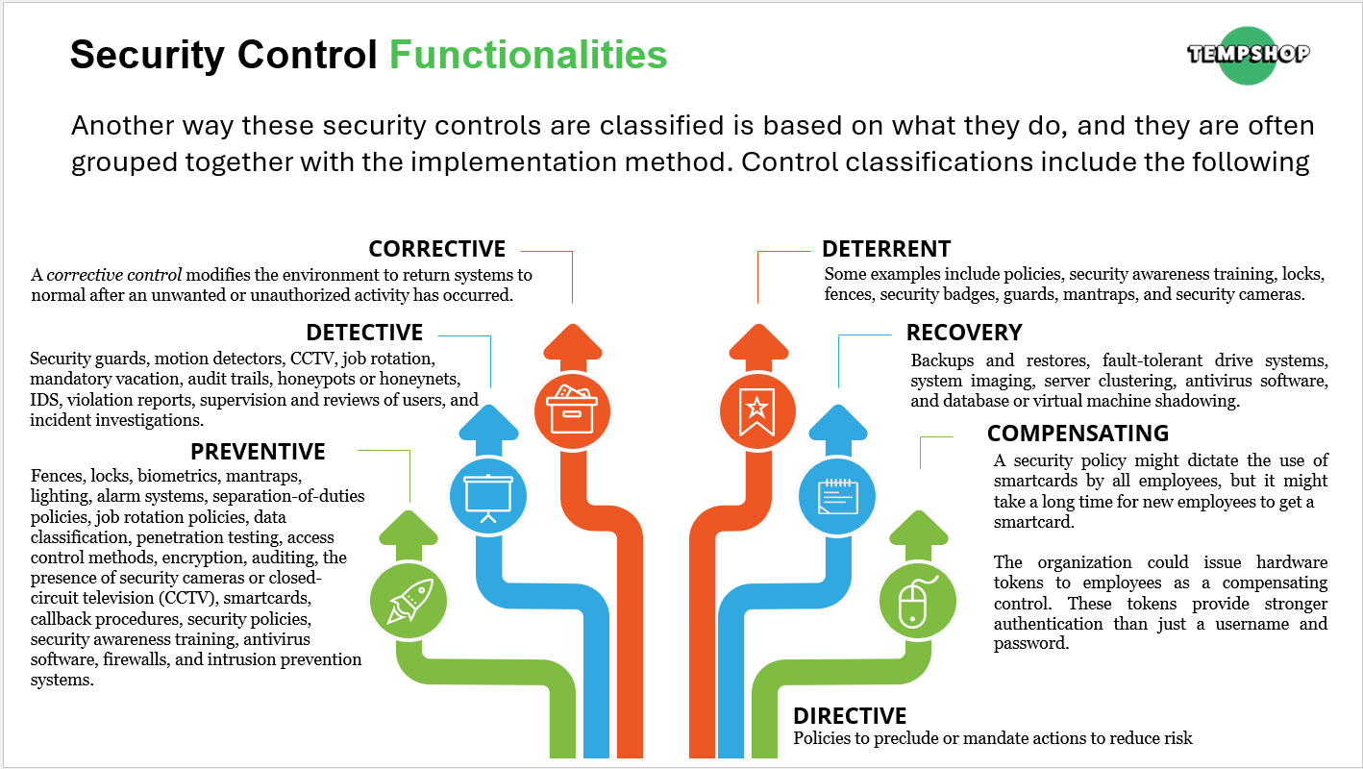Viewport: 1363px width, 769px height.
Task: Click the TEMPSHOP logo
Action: (1248, 55)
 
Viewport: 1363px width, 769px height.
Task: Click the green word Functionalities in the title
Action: (528, 55)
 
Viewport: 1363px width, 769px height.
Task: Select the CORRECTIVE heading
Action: (437, 249)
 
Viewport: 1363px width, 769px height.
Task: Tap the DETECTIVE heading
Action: (364, 333)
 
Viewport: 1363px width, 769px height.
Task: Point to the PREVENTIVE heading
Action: (258, 452)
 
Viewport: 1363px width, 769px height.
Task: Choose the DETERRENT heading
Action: (886, 249)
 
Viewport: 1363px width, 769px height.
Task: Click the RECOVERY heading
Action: (964, 333)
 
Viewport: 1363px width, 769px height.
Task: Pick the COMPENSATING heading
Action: (1078, 434)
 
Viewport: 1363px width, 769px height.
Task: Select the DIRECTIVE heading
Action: (850, 716)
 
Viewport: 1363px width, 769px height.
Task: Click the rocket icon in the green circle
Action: (409, 601)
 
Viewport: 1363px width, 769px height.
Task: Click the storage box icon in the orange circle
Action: (572, 410)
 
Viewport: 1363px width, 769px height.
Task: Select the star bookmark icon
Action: (756, 411)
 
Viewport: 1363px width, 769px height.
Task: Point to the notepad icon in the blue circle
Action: (838, 496)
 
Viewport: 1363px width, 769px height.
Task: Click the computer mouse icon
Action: (918, 602)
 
